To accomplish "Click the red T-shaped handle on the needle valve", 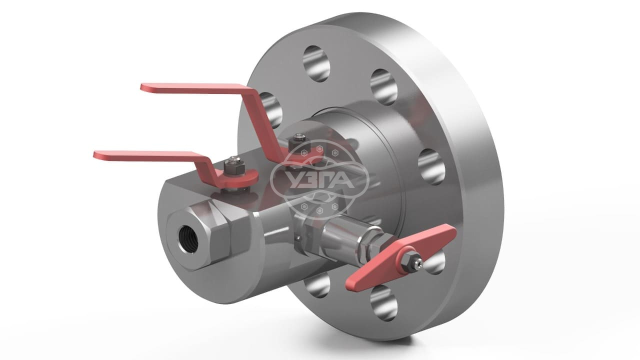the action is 400,257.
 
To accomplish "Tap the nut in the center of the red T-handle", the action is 409,261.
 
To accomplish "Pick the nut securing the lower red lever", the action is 234,167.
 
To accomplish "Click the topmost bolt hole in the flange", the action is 316,63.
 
